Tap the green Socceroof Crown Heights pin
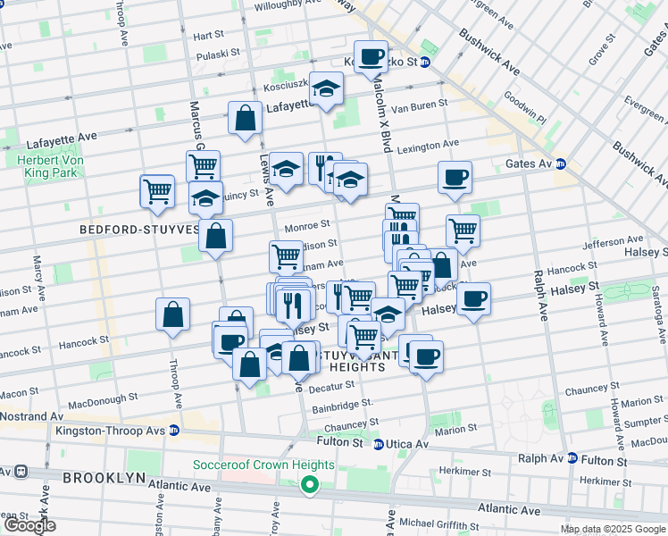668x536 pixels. pos(310,485)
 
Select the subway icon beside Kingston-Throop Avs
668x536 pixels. pos(174,430)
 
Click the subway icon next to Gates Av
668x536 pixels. pos(560,163)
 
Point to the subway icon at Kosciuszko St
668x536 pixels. pos(426,63)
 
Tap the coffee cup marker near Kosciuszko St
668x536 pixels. pos(372,58)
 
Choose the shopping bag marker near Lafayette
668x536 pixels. pos(245,119)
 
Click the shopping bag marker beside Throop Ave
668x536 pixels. pos(173,315)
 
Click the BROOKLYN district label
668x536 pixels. pos(104,478)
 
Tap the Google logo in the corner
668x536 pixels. pos(29,525)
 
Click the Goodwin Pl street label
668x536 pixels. pos(524,108)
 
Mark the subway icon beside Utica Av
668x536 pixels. pos(378,444)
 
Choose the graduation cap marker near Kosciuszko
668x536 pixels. pos(327,89)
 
